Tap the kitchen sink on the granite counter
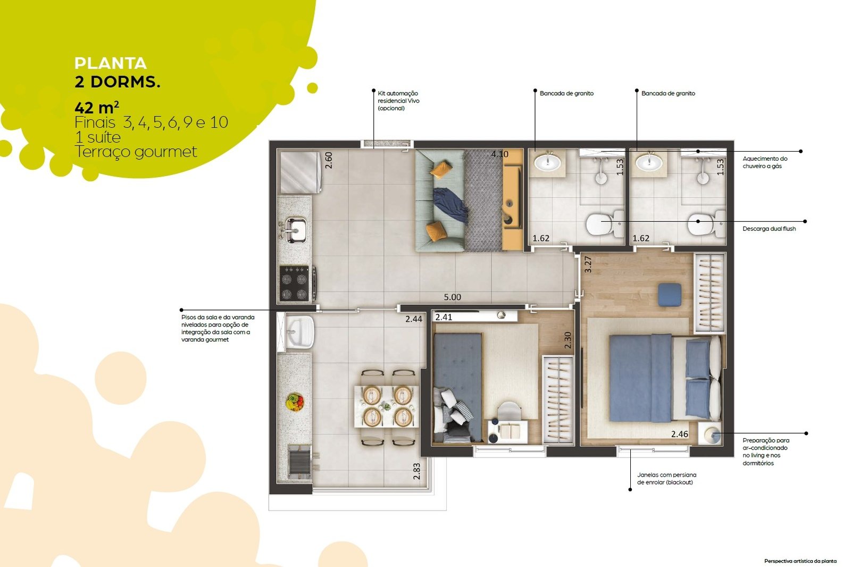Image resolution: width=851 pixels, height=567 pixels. coord(295,230)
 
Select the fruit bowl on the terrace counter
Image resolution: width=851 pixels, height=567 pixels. coord(295,402)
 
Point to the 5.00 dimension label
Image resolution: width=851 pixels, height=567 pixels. coord(452,297)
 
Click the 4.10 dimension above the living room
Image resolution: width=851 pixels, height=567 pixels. coord(499,154)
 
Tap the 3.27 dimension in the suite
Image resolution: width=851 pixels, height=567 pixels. coord(588,264)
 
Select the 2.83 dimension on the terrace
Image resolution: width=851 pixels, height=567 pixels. coord(417,471)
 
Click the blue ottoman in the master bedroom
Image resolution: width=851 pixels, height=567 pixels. coord(670,295)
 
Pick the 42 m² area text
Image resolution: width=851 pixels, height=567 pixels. coord(96,107)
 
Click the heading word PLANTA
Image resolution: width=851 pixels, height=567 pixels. coord(111,63)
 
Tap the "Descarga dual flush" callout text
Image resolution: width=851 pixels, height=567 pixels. coord(769,229)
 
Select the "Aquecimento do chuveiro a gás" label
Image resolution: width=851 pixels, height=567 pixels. coord(765,162)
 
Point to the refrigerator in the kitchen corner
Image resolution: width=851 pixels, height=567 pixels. coord(300,172)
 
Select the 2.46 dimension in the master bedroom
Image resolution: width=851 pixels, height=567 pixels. coord(679,434)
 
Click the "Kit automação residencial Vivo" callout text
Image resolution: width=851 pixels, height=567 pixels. coord(398,101)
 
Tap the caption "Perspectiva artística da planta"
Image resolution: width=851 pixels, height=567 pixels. coord(800,561)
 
